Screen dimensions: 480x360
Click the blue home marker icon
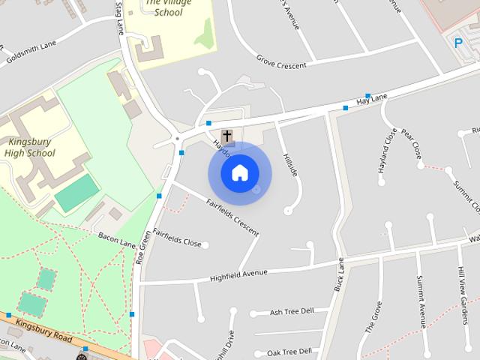(x=239, y=173)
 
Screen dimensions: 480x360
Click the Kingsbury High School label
(x=30, y=147)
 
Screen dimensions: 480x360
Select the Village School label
(x=163, y=7)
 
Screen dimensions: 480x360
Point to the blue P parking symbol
(x=458, y=43)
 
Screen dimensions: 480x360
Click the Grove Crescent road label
(x=281, y=61)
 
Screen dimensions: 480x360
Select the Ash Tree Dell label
(x=291, y=312)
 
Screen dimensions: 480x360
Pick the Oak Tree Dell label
(x=289, y=352)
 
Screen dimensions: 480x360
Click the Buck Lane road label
(x=338, y=274)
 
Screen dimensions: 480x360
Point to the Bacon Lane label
(x=116, y=239)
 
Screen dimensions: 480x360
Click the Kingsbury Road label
(x=44, y=331)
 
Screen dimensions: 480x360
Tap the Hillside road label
(x=291, y=164)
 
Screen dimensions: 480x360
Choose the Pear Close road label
(x=412, y=145)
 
